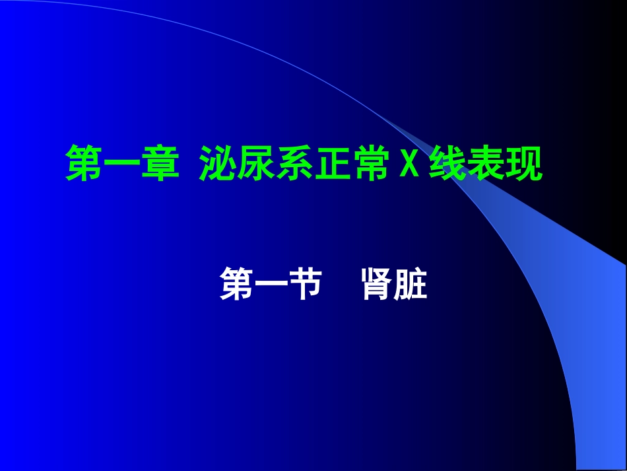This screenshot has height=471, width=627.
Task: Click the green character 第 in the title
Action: point(84,164)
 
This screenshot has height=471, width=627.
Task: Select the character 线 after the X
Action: point(448,164)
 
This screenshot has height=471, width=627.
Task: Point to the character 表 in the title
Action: point(486,164)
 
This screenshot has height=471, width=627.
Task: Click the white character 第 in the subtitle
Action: point(237,285)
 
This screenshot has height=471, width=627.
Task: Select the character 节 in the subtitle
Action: point(305,285)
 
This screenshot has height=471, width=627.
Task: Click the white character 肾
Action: point(378,285)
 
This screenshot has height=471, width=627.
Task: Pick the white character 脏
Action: point(411,285)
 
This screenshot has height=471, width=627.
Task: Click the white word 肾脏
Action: point(395,285)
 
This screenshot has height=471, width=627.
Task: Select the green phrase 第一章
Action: point(123,164)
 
